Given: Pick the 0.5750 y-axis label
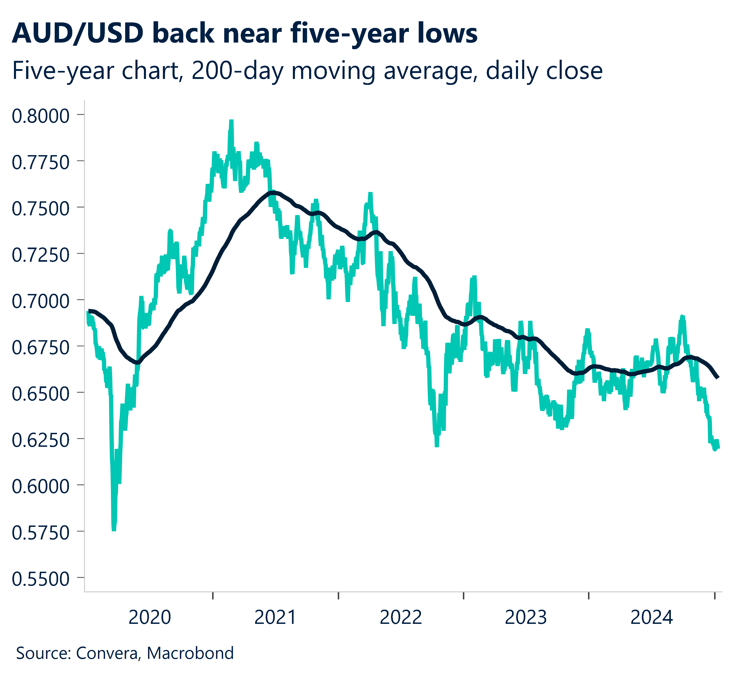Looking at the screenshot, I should point(41,533).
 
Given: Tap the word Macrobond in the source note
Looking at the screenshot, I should point(190,653).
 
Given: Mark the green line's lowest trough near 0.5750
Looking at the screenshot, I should point(114,530).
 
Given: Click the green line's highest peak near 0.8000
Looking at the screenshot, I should point(231,121).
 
